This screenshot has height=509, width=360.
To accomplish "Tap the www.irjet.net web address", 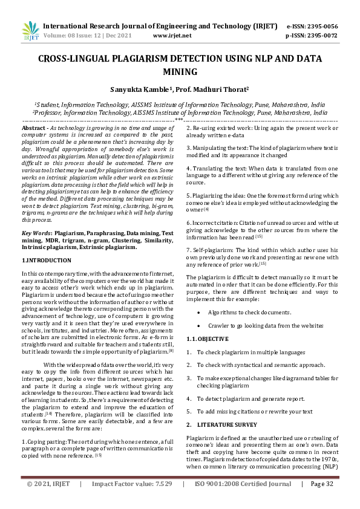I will [172, 36].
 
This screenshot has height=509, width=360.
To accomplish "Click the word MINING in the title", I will [180, 73].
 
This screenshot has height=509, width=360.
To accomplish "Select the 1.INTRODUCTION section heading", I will [47, 260].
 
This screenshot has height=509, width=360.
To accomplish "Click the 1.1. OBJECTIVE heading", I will [207, 339].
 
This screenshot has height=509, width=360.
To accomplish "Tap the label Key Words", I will [36, 233].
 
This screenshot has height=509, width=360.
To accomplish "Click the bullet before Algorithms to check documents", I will [199, 313].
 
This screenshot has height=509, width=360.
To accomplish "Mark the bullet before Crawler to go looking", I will [199, 326].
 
